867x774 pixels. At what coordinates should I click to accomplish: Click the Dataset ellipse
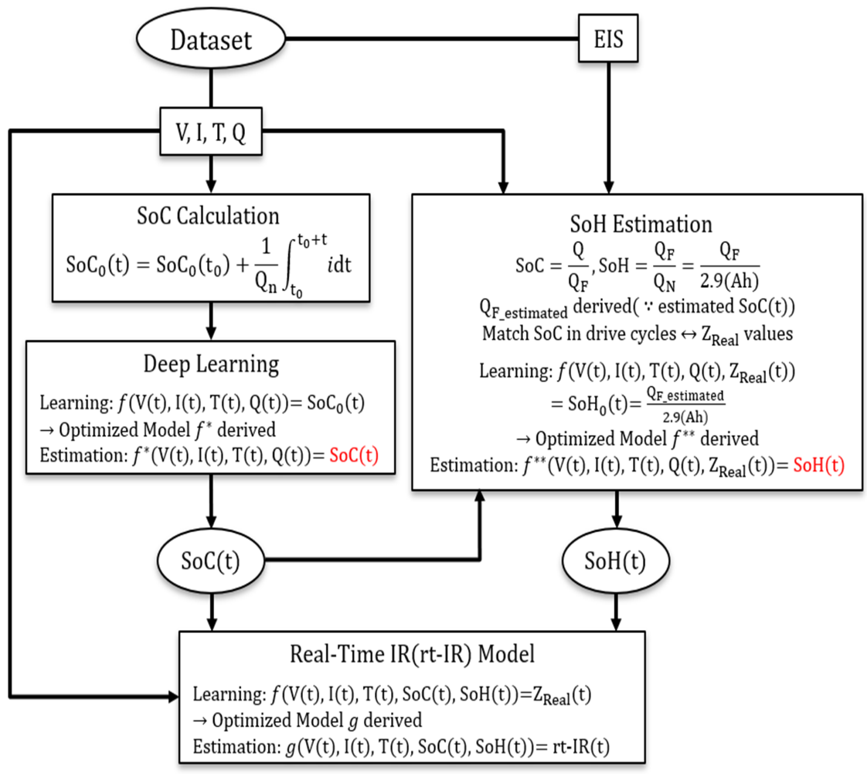point(210,39)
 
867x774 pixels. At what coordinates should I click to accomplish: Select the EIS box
point(608,39)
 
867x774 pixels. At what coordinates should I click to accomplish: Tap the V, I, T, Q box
point(210,132)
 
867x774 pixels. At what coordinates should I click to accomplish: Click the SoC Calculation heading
point(208,216)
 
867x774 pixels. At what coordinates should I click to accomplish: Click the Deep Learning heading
point(211,364)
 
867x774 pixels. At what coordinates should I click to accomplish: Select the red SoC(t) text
point(354,455)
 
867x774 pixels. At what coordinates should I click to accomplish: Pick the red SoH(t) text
point(819,464)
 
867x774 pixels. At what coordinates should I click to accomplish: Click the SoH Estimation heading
point(641,224)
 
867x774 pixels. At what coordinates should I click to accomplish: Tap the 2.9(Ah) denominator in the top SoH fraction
point(729,281)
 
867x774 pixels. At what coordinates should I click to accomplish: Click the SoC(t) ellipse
point(210,561)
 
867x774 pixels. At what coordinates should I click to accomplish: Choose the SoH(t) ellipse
point(615,561)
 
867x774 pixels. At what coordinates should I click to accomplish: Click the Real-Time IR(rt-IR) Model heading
point(412,654)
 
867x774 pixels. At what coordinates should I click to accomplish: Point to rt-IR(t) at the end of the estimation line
point(581,747)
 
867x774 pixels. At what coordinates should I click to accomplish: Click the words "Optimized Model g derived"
point(316,720)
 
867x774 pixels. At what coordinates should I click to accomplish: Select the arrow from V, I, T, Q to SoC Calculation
point(211,174)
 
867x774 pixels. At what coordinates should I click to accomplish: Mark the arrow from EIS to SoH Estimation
point(609,127)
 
